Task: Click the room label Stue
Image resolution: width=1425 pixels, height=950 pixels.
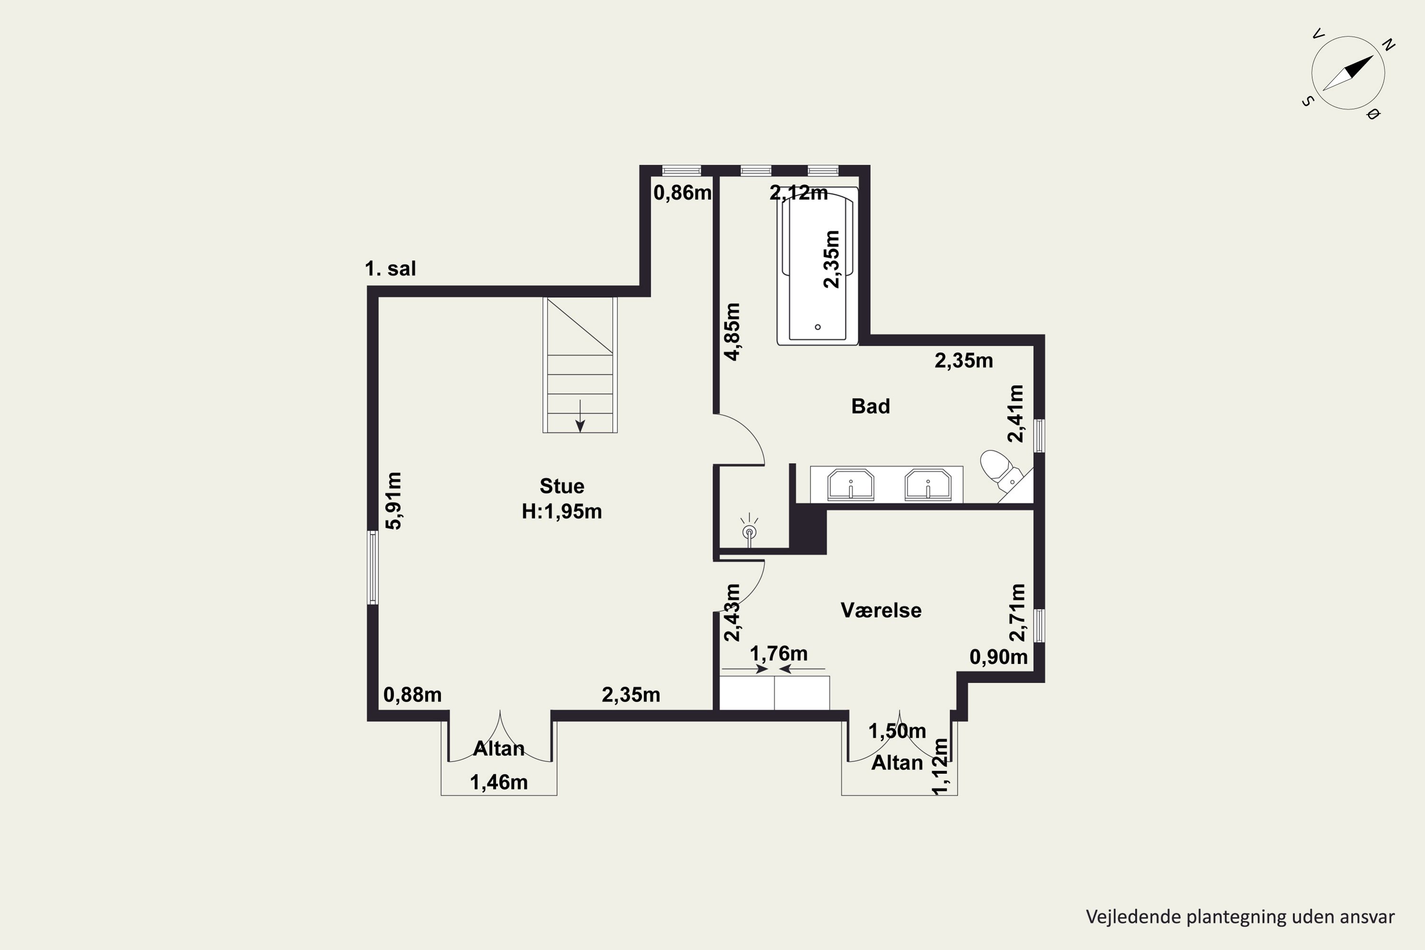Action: (561, 486)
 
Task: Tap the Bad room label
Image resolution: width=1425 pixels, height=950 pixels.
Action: (871, 406)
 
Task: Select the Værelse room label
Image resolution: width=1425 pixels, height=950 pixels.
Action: (881, 610)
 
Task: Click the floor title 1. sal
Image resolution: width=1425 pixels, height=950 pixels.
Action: (390, 268)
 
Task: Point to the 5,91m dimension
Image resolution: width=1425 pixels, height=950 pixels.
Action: (394, 501)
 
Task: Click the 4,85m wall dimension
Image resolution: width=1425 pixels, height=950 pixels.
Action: (732, 332)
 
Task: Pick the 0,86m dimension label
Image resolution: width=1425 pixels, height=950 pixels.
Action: (682, 193)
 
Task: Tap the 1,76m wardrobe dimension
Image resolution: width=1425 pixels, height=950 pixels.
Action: (779, 654)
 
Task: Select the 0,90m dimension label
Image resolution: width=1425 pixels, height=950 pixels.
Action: (998, 657)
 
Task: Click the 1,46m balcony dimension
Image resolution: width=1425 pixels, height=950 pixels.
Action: (499, 782)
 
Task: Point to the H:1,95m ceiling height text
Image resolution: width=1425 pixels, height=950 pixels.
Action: (561, 512)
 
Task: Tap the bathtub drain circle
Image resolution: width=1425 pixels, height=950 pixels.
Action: (817, 327)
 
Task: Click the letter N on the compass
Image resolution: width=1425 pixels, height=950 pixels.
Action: (1389, 45)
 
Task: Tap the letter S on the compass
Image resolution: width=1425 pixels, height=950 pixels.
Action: (1308, 101)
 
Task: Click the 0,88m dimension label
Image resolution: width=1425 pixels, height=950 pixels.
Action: (413, 694)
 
